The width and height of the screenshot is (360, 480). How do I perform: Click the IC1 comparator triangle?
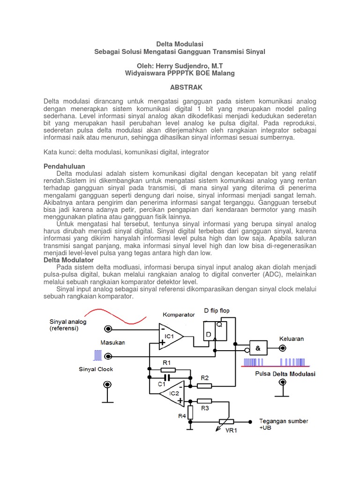169,336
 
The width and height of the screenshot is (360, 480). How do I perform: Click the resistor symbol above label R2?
204,386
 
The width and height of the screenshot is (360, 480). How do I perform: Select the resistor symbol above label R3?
204,401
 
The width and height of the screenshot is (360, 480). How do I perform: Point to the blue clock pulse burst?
97,355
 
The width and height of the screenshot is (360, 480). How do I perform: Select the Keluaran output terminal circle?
282,348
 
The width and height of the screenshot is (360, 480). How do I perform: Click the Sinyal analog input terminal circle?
108,329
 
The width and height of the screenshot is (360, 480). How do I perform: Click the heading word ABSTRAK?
180,88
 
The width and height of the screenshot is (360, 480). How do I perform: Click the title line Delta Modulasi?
180,44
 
